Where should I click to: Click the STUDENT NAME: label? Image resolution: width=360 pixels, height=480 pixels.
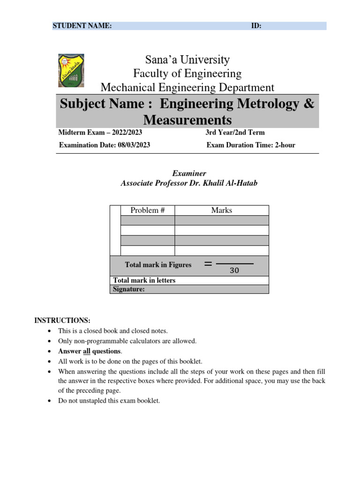tap(82, 26)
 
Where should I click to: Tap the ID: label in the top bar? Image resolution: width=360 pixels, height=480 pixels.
tap(256, 26)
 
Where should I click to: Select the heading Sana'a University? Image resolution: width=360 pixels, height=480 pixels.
tap(187, 60)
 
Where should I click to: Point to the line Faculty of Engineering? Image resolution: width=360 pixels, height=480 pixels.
tap(187, 74)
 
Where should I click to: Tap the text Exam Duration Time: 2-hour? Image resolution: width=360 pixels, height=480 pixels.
tap(251, 145)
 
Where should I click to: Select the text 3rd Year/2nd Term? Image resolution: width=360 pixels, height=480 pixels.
tap(235, 133)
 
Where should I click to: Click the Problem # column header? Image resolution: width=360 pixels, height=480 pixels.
tap(147, 210)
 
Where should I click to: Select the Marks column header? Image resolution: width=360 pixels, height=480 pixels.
tap(221, 210)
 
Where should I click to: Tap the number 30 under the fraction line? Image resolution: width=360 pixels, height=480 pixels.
tap(234, 270)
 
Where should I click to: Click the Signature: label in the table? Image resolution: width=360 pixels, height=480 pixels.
tap(129, 289)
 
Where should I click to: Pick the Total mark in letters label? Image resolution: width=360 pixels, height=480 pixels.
tap(144, 280)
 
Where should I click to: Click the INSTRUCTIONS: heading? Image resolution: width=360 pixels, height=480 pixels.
tap(62, 321)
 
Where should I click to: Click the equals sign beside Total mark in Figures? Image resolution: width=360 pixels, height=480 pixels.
tap(209, 264)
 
